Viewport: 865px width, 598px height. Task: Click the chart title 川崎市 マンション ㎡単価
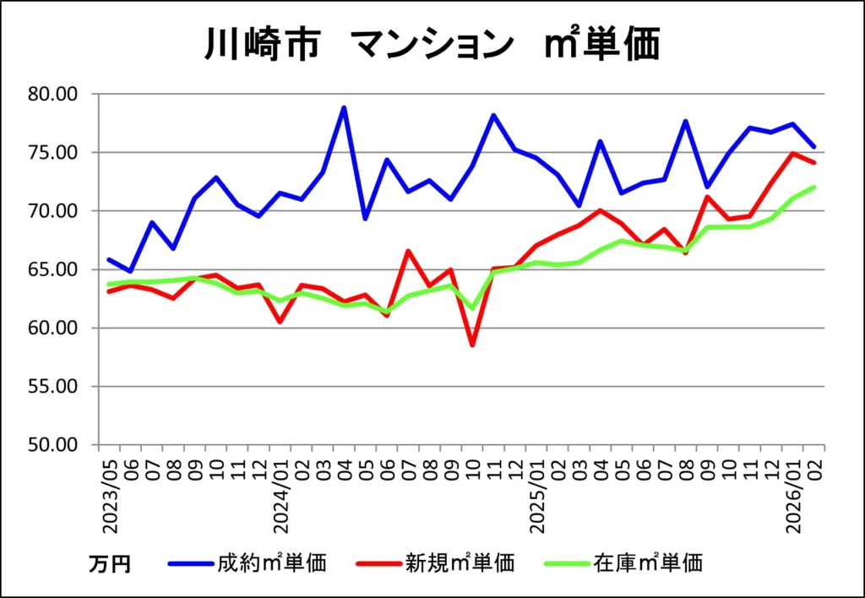click(432, 45)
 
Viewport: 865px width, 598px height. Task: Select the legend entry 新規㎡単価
click(459, 563)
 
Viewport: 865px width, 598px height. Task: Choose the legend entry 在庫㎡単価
click(647, 563)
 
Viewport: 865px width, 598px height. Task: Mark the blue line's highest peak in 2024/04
click(344, 107)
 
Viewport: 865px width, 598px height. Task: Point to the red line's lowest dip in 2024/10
click(472, 345)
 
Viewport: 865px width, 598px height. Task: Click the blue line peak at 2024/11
click(493, 115)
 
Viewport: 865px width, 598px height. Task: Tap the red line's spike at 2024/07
click(408, 251)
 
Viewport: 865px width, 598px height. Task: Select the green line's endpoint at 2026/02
click(815, 188)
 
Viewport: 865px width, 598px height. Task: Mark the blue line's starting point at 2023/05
click(109, 259)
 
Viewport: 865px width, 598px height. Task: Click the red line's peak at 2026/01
click(794, 153)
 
